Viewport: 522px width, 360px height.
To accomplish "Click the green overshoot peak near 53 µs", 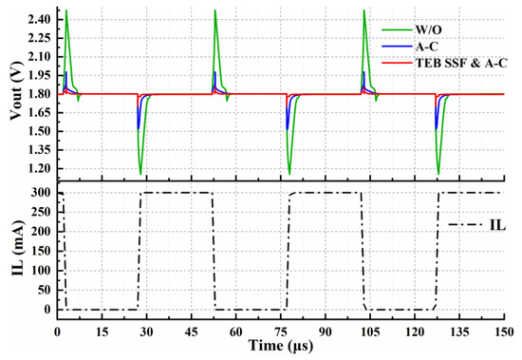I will pyautogui.click(x=215, y=10).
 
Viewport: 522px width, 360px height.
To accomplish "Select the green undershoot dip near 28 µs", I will pyautogui.click(x=140, y=174).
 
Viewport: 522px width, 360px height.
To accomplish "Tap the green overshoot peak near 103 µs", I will pyautogui.click(x=365, y=10).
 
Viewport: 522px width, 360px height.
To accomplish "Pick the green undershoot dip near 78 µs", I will pyautogui.click(x=289, y=174).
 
